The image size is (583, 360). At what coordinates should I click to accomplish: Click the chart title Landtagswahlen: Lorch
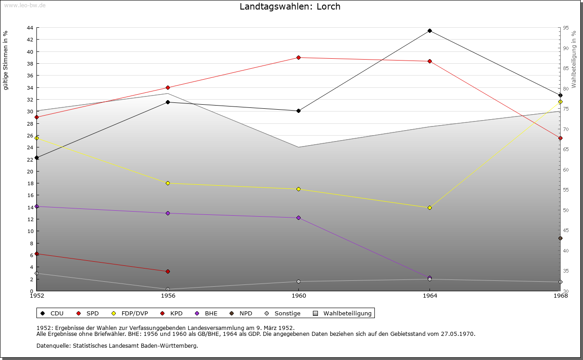point(290,7)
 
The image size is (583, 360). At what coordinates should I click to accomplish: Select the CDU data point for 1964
point(430,31)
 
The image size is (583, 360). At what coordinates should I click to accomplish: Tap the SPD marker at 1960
point(298,58)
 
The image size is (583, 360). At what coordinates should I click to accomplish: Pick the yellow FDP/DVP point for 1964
point(430,208)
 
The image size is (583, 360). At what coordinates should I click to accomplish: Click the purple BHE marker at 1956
point(168,213)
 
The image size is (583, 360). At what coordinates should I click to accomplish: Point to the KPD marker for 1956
point(168,272)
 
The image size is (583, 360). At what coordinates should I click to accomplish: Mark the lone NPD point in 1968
point(560,238)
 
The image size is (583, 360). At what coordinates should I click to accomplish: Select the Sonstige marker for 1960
point(298,282)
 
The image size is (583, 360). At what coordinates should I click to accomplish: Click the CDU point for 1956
point(168,102)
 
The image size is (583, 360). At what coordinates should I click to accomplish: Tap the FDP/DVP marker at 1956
point(168,183)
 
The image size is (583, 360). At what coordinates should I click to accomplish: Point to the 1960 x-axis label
point(298,296)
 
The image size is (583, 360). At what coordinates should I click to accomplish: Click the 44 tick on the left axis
point(30,28)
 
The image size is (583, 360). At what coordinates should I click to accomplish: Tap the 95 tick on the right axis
point(565,28)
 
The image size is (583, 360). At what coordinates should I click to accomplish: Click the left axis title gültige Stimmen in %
point(6,60)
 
